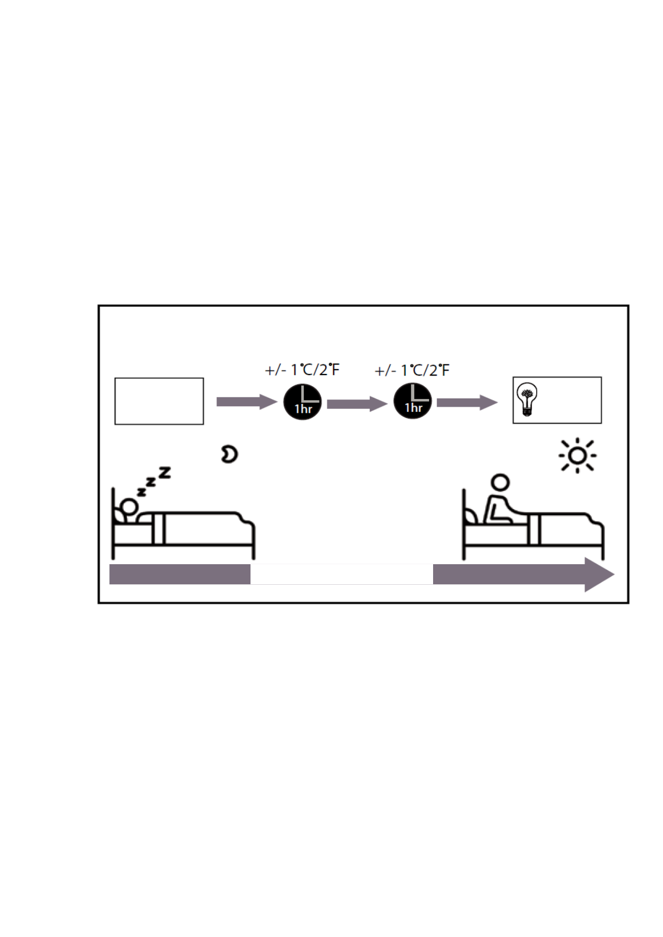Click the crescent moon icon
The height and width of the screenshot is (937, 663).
tap(229, 454)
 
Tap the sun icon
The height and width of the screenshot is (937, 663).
tap(577, 456)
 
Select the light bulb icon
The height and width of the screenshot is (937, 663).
tap(526, 400)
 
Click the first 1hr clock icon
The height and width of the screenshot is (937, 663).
tap(303, 402)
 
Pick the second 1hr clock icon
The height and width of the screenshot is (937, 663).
tap(412, 401)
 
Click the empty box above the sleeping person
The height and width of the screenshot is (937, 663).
tap(159, 401)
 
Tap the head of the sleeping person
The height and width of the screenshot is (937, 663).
tap(129, 507)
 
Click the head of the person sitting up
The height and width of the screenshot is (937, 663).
tap(500, 482)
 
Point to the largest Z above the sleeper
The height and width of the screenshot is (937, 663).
tap(165, 473)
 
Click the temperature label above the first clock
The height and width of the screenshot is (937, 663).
tap(302, 370)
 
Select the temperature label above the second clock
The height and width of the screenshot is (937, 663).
tap(412, 371)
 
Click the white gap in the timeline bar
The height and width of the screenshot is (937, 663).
tap(341, 574)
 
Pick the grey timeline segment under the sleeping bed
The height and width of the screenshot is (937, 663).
tap(179, 574)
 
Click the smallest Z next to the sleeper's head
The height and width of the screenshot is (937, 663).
tap(141, 492)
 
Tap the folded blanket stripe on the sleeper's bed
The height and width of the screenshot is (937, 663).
tap(159, 529)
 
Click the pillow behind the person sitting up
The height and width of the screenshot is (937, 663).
tap(472, 517)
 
